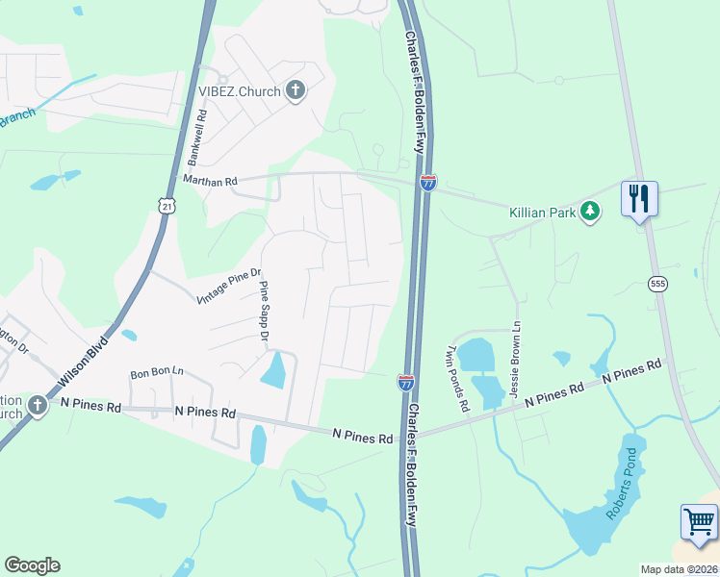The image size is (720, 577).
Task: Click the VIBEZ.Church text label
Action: [x=239, y=91]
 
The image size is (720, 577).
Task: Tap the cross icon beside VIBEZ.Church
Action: [x=296, y=91]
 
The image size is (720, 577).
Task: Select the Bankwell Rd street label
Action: [x=197, y=136]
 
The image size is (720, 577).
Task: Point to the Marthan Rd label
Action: [x=209, y=180]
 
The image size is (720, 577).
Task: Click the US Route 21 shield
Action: [x=167, y=206]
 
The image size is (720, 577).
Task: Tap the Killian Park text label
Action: [x=541, y=212]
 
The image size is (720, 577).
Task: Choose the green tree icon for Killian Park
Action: [x=589, y=211]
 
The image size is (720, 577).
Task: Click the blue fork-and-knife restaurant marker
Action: [x=639, y=199]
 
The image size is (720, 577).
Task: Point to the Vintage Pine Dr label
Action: [x=228, y=286]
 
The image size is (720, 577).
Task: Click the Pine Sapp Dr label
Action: [x=262, y=310]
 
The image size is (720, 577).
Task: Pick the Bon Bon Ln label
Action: [x=155, y=373]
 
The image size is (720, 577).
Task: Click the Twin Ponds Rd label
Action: [x=456, y=379]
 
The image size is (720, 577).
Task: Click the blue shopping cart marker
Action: [x=699, y=523]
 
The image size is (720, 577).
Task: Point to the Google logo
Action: [x=32, y=565]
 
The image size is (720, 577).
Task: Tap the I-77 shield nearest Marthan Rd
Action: [x=428, y=181]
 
